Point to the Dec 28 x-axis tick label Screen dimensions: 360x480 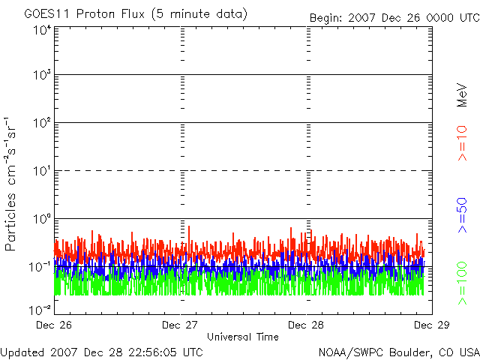click(306, 325)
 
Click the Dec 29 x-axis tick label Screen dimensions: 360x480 click(431, 325)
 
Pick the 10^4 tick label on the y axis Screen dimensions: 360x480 click(41, 29)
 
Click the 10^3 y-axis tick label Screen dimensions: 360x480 click(41, 75)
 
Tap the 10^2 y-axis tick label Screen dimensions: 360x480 click(41, 122)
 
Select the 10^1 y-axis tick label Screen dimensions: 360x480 click(41, 170)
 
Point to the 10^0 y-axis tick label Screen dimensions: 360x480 click(41, 218)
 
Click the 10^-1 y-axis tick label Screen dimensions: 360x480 click(40, 265)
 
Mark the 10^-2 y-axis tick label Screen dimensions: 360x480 click(40, 308)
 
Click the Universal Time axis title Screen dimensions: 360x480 click(242, 337)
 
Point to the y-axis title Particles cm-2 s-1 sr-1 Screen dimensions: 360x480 click(12, 183)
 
